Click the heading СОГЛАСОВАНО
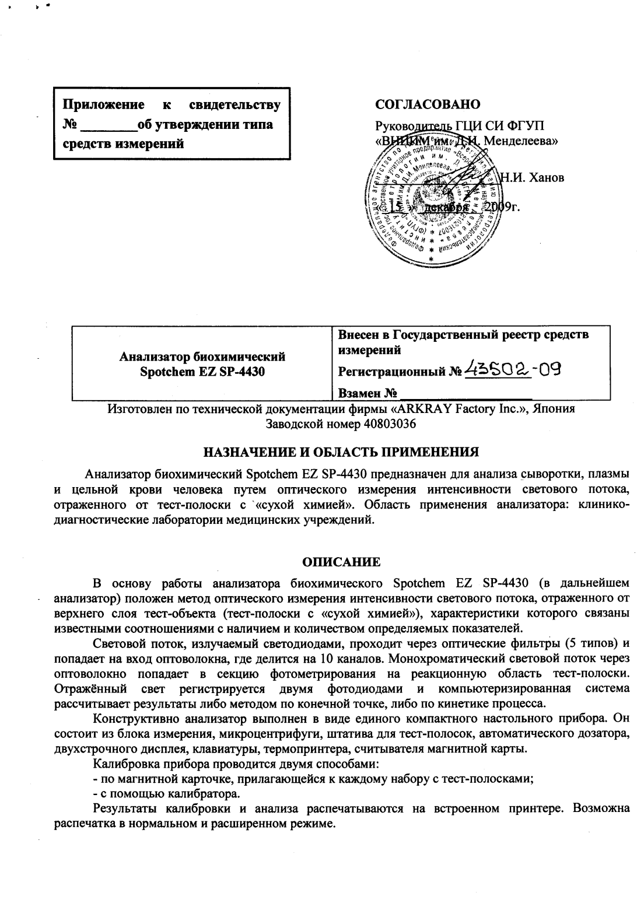coord(428,104)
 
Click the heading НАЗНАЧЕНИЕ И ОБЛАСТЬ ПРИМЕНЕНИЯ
coord(341,452)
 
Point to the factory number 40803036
coord(390,424)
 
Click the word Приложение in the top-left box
coord(104,105)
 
